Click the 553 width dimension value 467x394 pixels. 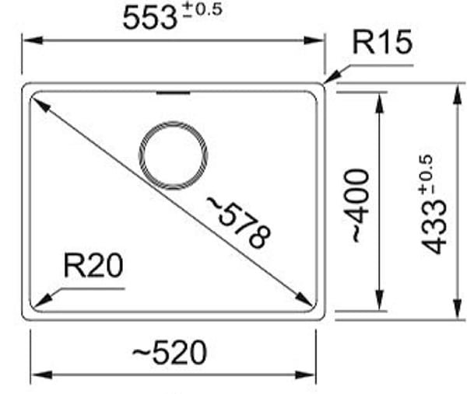pyautogui.click(x=150, y=17)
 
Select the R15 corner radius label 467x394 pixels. pyautogui.click(x=381, y=43)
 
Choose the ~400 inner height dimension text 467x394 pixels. pyautogui.click(x=357, y=204)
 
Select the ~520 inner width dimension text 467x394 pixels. pyautogui.click(x=169, y=354)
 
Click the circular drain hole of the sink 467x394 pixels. pyautogui.click(x=173, y=155)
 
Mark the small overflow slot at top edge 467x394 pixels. pyautogui.click(x=173, y=93)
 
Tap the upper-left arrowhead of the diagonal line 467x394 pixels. pyautogui.click(x=38, y=103)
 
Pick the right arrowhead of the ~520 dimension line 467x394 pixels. pyautogui.click(x=309, y=375)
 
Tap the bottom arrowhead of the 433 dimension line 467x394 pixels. pyautogui.click(x=455, y=312)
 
